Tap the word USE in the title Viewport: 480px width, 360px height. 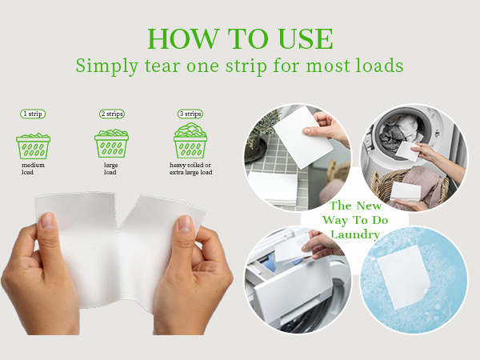click(x=306, y=38)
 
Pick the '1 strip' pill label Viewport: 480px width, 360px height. click(x=33, y=114)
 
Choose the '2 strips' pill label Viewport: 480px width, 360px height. click(x=112, y=114)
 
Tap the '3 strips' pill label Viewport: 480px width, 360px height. click(x=190, y=114)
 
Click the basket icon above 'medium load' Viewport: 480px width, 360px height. click(x=33, y=146)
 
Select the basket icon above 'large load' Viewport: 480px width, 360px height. click(x=111, y=143)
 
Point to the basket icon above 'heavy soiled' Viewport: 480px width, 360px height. click(x=190, y=140)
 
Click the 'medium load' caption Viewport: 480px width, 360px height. click(x=33, y=169)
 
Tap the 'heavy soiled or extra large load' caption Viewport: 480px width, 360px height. click(x=190, y=169)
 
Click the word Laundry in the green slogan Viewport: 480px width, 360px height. click(x=355, y=234)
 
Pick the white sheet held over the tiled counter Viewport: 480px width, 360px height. click(x=302, y=137)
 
